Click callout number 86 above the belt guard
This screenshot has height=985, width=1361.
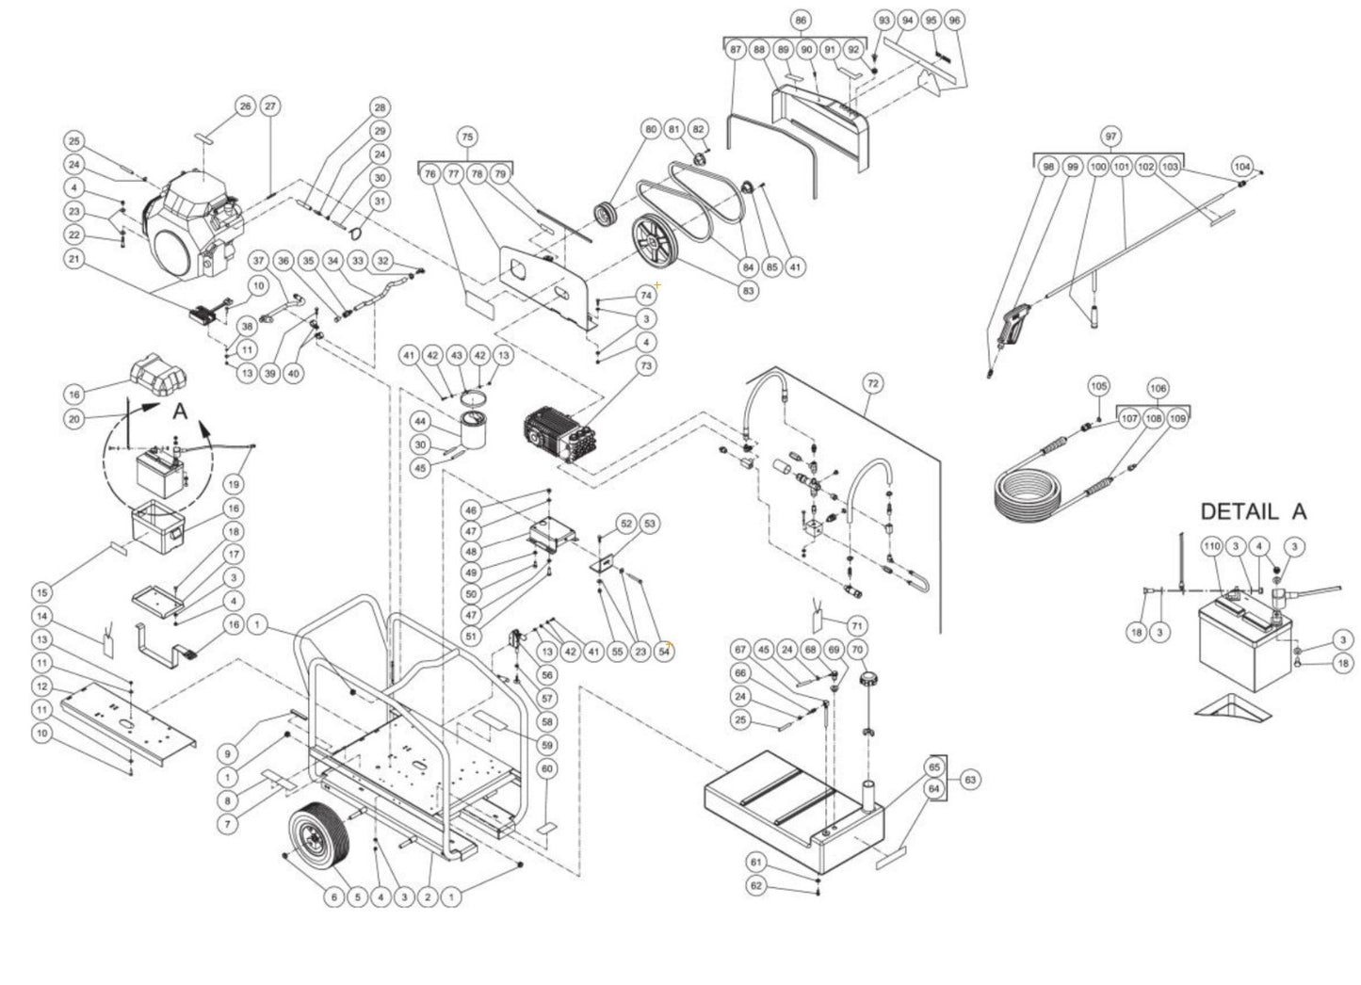[800, 20]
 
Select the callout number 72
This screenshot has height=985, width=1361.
[873, 383]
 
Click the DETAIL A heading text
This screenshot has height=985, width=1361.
[1253, 511]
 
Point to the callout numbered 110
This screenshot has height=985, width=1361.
[1211, 546]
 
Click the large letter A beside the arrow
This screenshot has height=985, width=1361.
[180, 412]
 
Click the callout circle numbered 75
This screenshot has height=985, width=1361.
[466, 137]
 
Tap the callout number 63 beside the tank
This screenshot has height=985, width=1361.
[970, 780]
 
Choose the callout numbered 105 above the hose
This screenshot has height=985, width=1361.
[1098, 387]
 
